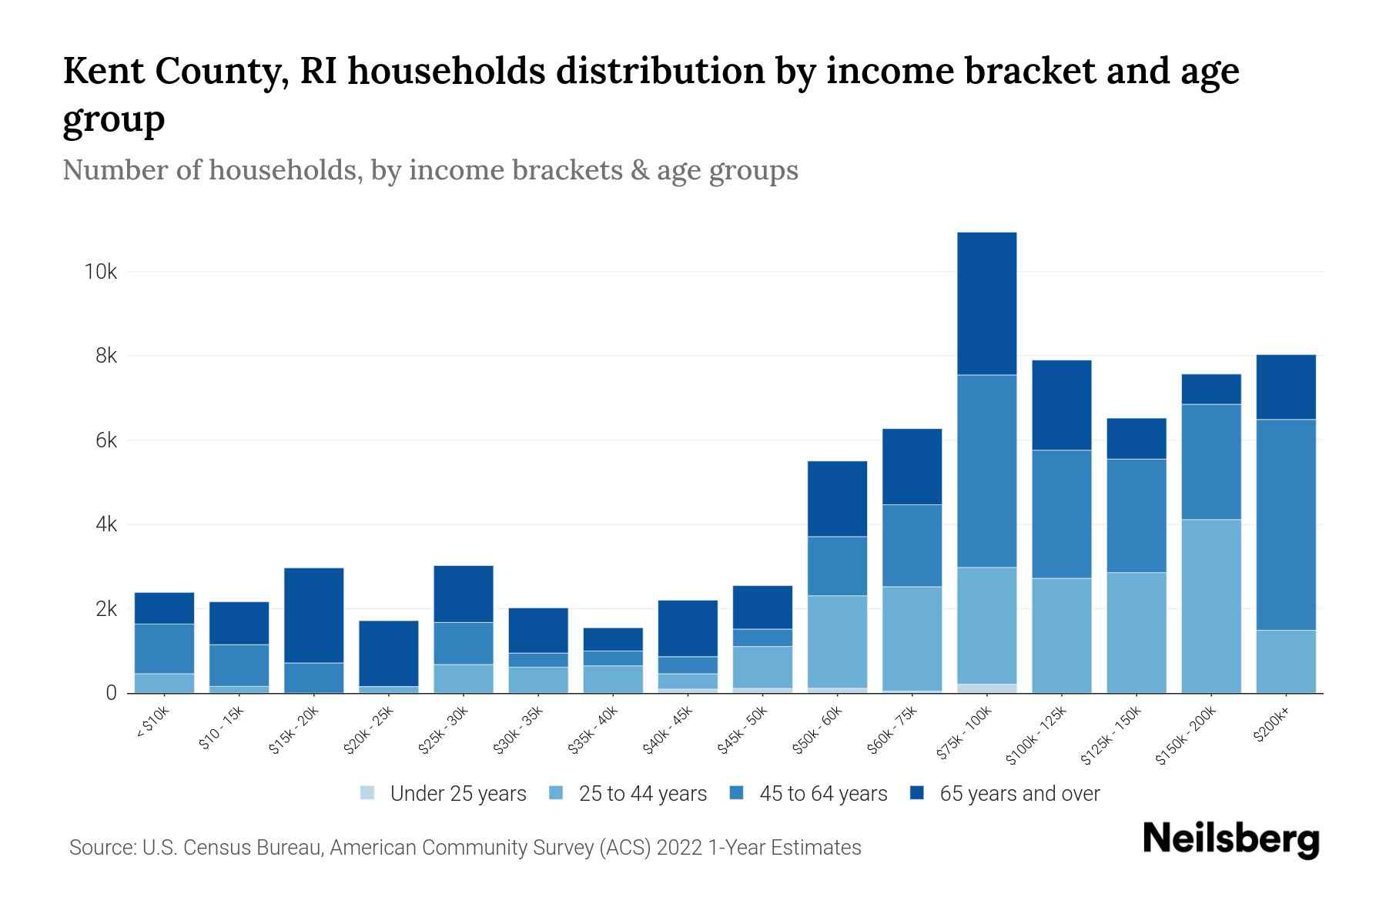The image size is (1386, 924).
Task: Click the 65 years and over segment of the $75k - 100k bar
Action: [x=986, y=303]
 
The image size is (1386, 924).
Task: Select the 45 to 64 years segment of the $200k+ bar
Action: [x=1285, y=524]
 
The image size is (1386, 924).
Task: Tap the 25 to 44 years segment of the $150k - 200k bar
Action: [x=1210, y=606]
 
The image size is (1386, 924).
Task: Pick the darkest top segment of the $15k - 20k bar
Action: [x=313, y=615]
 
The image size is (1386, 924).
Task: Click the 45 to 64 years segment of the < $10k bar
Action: [x=164, y=648]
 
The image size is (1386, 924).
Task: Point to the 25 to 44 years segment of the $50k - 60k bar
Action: [x=837, y=641]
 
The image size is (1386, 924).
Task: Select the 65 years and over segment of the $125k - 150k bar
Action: [x=1136, y=438]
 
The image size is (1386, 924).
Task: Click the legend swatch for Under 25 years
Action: [x=368, y=793]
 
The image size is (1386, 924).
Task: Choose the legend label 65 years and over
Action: [x=1019, y=794]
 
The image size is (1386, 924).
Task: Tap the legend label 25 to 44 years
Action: [x=642, y=794]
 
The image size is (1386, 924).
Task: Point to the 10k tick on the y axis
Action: [x=101, y=272]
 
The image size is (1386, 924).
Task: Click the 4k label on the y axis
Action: [x=105, y=525]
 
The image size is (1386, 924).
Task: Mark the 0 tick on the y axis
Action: [x=112, y=693]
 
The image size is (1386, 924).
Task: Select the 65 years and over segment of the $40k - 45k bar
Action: [x=688, y=628]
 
